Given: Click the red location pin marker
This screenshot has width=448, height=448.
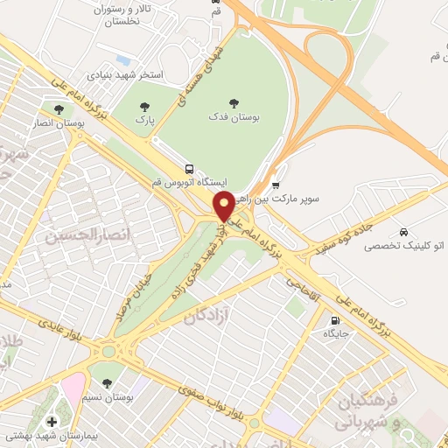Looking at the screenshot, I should coord(225,206).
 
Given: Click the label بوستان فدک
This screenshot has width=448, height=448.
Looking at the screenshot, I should coord(234,115).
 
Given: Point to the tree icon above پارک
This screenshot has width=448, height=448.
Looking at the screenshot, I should coord(145,108).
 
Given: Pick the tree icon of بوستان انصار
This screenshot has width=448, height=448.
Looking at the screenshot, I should coord(59,110).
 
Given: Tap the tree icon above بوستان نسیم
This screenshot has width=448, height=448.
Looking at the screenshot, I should coord(107,382).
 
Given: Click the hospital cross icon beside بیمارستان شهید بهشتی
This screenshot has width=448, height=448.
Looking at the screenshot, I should coord(52,423).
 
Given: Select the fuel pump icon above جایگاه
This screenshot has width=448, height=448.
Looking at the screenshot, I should coord(335,319).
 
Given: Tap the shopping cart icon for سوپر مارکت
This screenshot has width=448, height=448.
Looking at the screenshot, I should coord(276,185).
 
